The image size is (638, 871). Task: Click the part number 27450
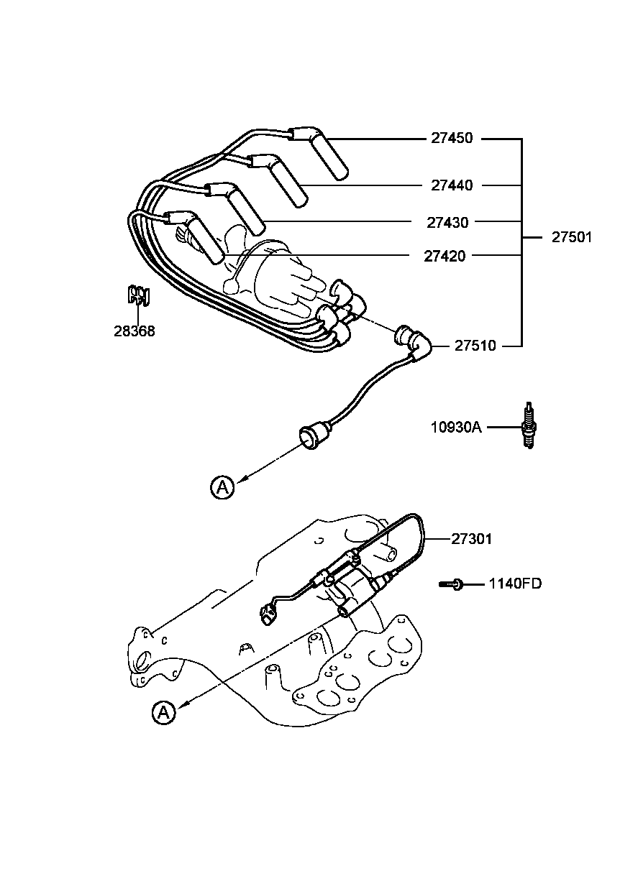tap(452, 139)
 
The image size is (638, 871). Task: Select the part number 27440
tap(452, 185)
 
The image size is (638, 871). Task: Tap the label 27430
tap(447, 223)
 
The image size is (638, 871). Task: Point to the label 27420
tap(444, 256)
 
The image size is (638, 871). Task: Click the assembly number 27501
tap(572, 237)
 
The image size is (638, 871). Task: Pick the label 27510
tap(475, 346)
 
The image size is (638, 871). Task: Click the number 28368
tap(134, 331)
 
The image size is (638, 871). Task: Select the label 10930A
tap(455, 427)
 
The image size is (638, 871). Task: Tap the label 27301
tap(472, 538)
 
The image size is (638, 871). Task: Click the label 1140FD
tap(515, 584)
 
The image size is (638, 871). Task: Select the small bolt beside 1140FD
tap(450, 584)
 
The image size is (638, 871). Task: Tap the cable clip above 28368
tap(138, 295)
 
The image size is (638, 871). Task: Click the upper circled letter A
tap(222, 487)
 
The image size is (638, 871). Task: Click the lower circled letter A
tap(164, 712)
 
